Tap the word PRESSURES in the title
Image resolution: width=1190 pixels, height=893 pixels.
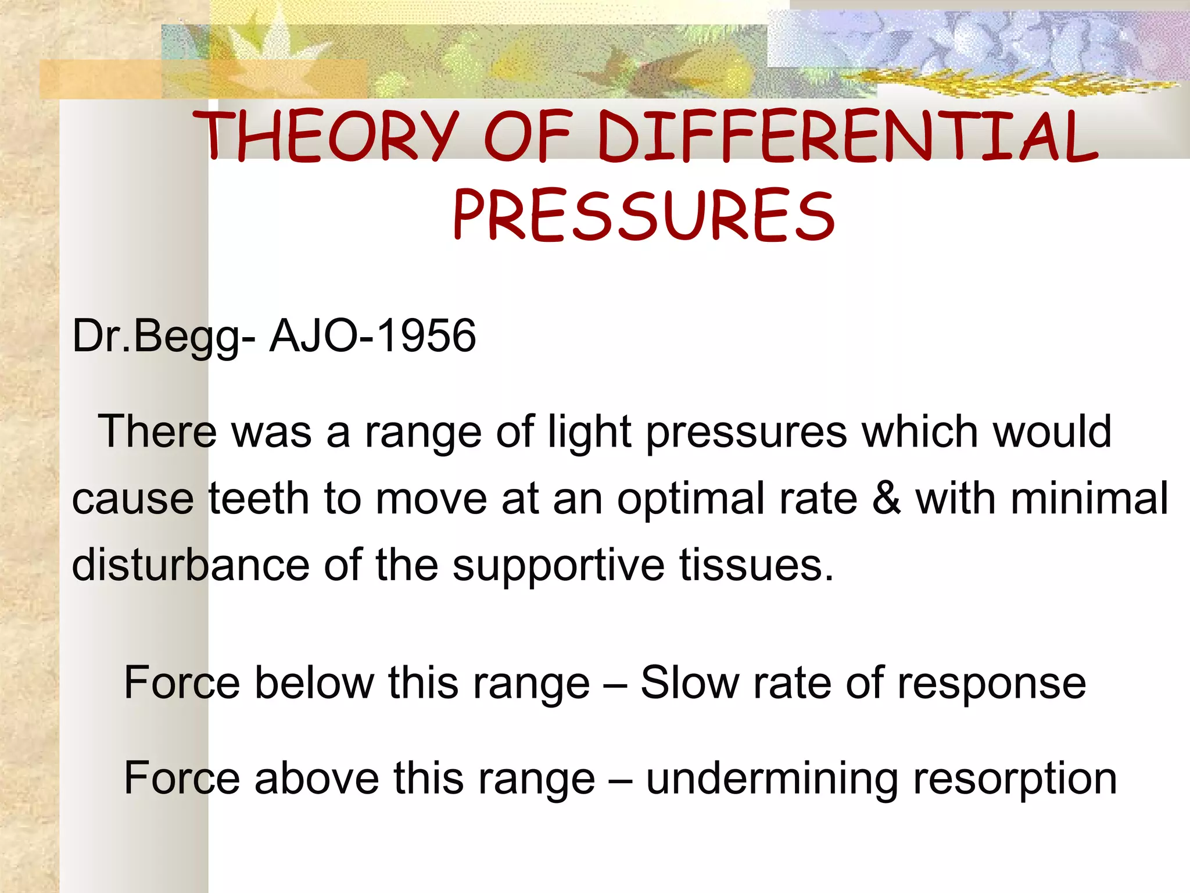pyautogui.click(x=644, y=215)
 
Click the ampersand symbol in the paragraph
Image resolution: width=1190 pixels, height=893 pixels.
pyautogui.click(x=886, y=499)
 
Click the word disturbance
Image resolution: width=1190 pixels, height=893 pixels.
pyautogui.click(x=191, y=565)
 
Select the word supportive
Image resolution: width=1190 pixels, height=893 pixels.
pyautogui.click(x=558, y=565)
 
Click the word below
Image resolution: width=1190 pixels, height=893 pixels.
pyautogui.click(x=314, y=683)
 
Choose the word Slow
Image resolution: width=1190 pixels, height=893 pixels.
pyautogui.click(x=689, y=683)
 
